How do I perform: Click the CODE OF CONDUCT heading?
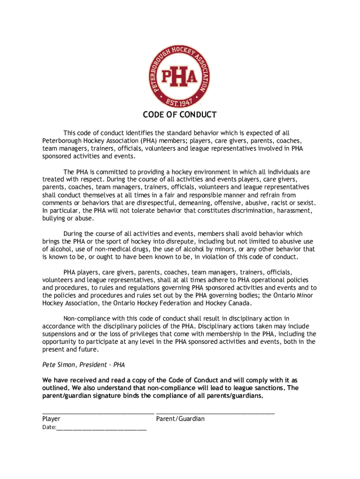tap(180, 115)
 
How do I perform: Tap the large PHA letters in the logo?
tap(180, 78)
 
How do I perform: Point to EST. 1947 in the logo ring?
tap(180, 102)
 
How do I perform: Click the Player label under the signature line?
tap(51, 419)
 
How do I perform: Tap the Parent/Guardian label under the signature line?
tap(180, 419)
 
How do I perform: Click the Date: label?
tap(49, 428)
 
